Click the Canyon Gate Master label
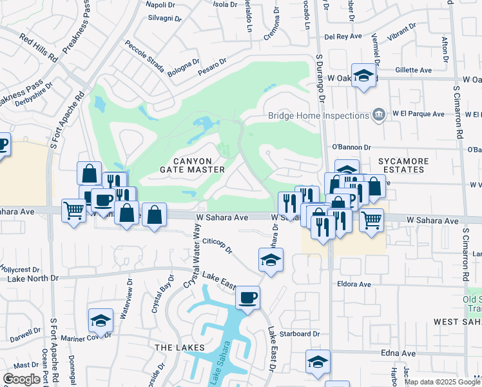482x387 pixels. click(192, 164)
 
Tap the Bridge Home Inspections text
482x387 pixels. click(318, 116)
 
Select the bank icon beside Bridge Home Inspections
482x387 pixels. click(378, 116)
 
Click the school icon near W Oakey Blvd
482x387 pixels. click(363, 76)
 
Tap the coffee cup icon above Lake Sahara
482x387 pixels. click(247, 298)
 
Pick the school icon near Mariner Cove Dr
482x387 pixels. click(101, 320)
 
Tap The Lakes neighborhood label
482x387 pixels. click(180, 347)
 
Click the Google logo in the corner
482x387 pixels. click(22, 379)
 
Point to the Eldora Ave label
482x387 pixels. click(354, 284)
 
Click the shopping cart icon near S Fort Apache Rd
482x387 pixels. click(73, 210)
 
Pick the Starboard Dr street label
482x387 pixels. click(300, 334)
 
